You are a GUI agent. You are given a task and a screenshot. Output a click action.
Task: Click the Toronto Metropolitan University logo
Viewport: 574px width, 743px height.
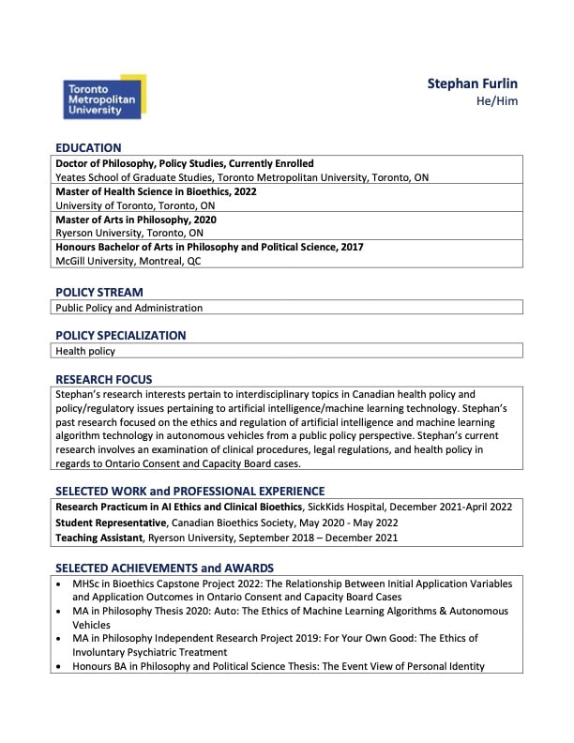point(103,98)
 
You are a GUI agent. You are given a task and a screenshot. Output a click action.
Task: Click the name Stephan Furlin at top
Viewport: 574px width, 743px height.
point(472,83)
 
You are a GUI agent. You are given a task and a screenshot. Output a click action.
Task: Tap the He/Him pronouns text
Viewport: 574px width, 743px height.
point(497,101)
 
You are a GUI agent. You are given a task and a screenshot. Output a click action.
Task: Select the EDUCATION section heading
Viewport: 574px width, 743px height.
point(88,147)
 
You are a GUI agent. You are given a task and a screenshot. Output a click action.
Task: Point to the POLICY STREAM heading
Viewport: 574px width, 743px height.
point(99,292)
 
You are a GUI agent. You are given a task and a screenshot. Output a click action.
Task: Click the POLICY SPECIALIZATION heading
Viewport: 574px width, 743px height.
point(120,335)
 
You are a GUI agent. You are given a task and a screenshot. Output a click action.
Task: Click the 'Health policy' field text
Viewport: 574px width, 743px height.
point(85,351)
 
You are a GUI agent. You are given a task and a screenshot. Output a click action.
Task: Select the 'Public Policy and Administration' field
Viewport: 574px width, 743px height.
point(129,308)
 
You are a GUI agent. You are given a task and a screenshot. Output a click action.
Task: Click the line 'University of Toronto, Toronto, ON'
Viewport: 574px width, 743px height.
point(135,205)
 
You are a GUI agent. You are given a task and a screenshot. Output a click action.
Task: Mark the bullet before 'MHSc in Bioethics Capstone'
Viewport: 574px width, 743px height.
point(61,584)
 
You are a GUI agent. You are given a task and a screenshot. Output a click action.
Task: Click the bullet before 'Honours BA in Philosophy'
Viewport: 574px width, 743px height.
point(61,667)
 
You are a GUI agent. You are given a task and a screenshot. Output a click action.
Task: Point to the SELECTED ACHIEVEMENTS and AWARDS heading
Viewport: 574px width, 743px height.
point(164,568)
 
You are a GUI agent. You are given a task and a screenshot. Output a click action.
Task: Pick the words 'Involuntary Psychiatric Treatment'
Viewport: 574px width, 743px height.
point(149,652)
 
